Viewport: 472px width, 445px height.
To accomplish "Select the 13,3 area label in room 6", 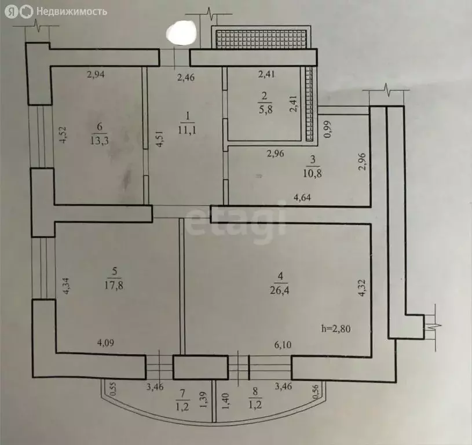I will tap(98, 139).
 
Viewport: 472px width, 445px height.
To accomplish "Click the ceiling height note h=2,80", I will tap(336, 329).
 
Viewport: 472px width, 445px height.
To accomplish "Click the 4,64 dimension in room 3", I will tap(303, 198).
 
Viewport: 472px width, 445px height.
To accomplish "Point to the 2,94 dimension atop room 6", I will tap(97, 74).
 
